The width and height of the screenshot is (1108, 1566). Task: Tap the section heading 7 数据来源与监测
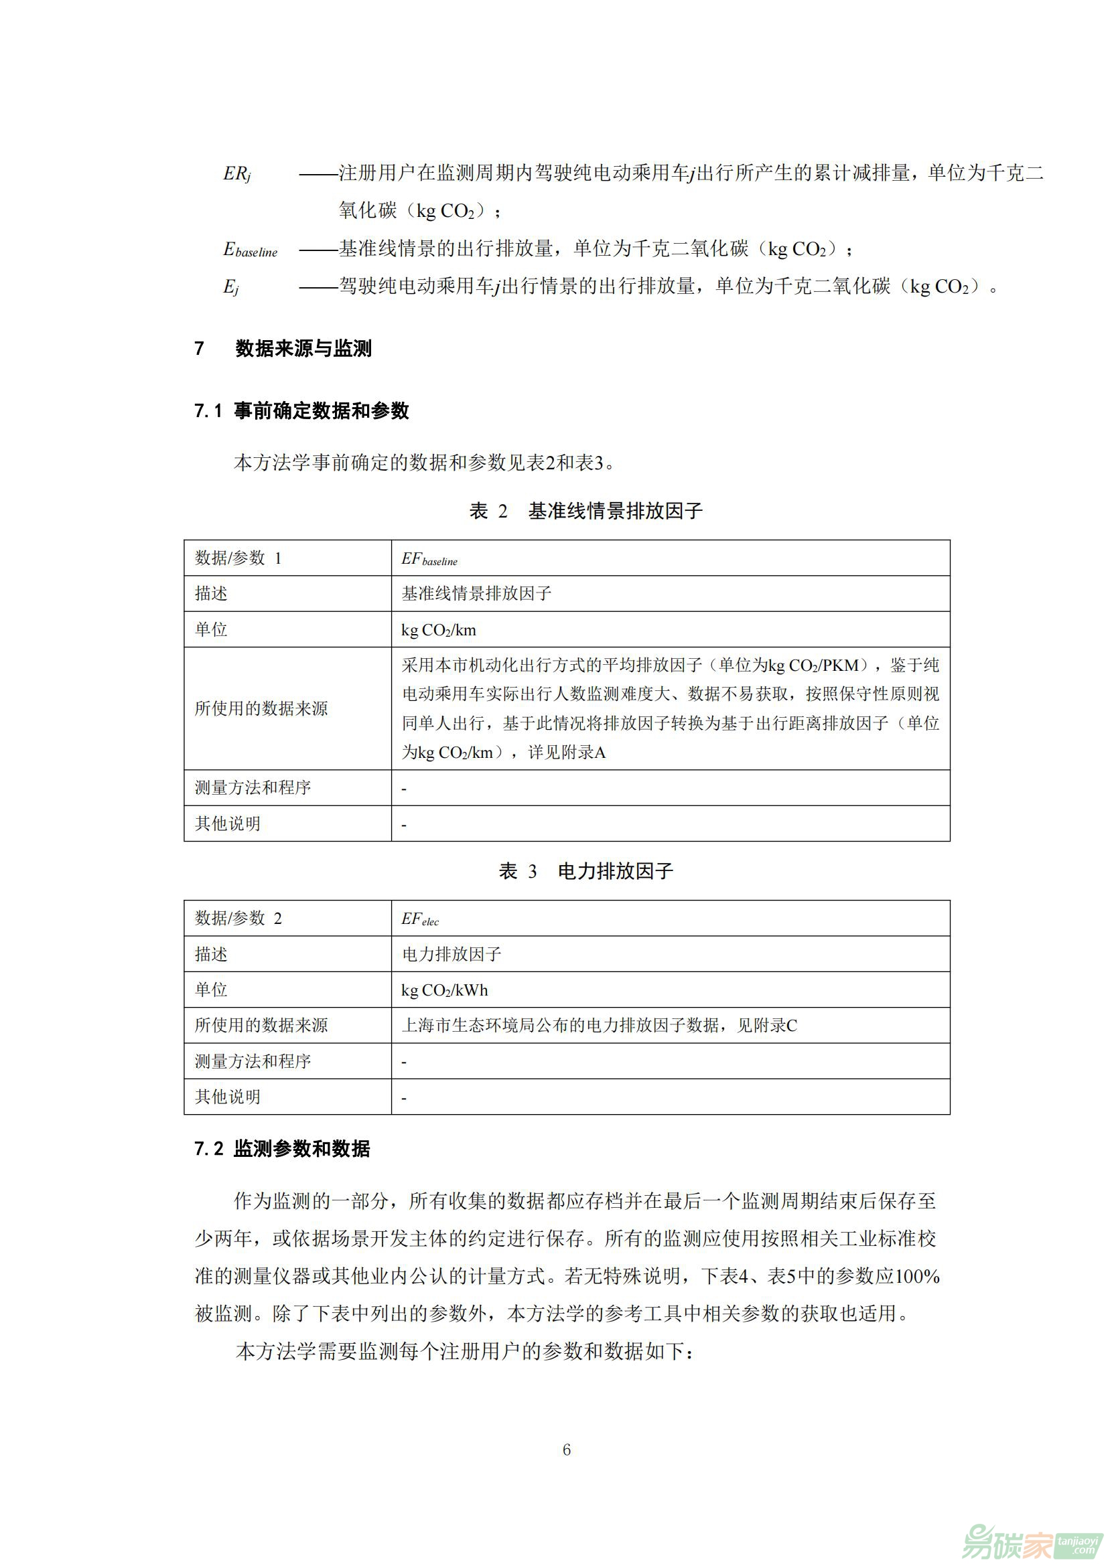[283, 349]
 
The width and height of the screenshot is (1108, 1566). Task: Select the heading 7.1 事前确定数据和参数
[301, 410]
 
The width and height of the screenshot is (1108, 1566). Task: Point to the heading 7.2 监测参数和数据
[282, 1149]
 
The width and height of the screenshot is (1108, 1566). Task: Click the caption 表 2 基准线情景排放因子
[585, 511]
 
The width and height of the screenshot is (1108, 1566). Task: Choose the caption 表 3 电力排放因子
[585, 871]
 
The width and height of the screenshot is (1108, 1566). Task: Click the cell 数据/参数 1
[238, 558]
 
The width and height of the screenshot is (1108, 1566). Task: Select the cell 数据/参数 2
[238, 918]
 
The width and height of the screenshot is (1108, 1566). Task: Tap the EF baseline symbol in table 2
[429, 559]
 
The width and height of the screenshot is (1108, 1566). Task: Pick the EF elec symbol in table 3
[420, 919]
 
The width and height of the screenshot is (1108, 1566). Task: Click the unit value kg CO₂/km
[439, 630]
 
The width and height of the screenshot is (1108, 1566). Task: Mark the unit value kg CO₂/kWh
[445, 990]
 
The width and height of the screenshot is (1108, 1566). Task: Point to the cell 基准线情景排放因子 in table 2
[476, 593]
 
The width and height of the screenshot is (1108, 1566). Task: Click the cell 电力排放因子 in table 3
[452, 954]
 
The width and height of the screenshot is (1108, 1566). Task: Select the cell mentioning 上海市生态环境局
[599, 1025]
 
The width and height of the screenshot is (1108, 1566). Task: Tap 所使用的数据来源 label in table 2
[261, 708]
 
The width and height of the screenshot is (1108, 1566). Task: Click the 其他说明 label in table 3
[228, 1097]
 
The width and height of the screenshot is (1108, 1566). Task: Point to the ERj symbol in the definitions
[236, 174]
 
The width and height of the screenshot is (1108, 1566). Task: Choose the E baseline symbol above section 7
[251, 250]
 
